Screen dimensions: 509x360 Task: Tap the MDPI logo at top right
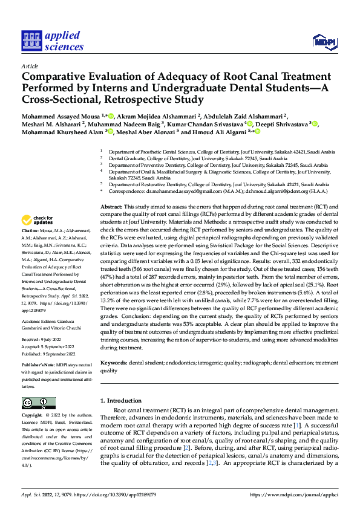tap(321, 41)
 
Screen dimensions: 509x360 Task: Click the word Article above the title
tap(30, 66)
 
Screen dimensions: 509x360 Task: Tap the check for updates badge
tap(39, 219)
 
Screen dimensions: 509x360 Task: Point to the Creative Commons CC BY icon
tap(39, 403)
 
